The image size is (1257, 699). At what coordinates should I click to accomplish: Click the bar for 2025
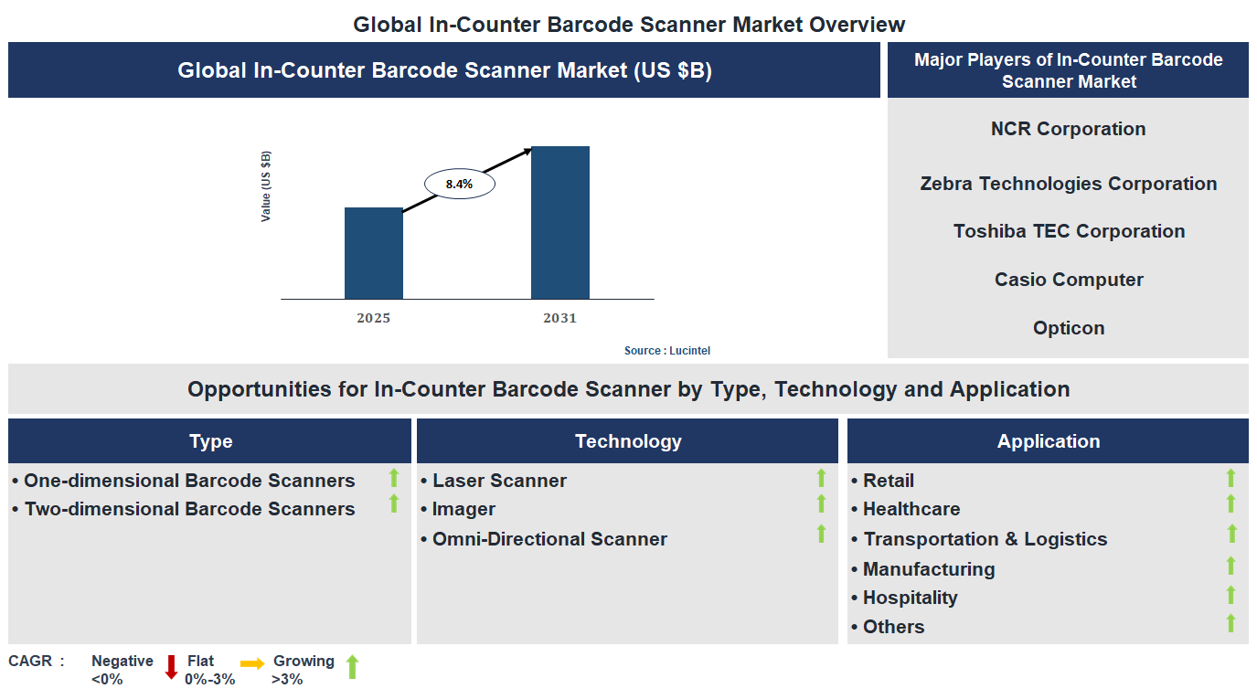point(373,253)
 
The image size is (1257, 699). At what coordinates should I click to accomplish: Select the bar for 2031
point(559,222)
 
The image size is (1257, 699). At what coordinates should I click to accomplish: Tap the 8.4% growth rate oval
point(459,184)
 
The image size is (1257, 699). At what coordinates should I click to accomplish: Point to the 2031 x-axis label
point(559,318)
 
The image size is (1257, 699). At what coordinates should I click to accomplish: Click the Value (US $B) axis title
point(266,186)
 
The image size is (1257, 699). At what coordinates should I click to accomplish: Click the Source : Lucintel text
point(666,351)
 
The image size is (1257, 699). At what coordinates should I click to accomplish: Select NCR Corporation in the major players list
point(1068,129)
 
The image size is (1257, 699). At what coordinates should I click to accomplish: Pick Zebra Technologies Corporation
point(1068,184)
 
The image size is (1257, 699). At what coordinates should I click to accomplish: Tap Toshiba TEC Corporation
point(1068,231)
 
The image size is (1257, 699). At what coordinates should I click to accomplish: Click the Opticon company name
point(1068,328)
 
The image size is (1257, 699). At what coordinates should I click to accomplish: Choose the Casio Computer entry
point(1068,280)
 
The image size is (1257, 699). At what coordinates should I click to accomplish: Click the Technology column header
point(627,441)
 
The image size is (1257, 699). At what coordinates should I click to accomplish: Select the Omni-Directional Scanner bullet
point(549,539)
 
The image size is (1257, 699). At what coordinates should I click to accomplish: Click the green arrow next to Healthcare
point(1230,504)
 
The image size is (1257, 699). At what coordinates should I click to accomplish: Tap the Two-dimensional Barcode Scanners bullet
point(188,509)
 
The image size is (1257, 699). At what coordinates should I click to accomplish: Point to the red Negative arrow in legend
point(171,667)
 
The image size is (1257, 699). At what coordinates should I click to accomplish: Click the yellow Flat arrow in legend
point(252,663)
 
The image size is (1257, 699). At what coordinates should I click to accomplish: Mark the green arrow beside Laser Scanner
point(821,478)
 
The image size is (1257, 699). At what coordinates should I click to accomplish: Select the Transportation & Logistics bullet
point(984,539)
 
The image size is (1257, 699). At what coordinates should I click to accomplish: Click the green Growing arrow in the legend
point(352,667)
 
